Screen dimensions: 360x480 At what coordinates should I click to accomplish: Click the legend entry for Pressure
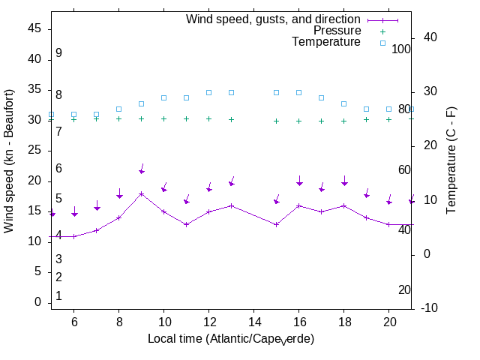coord(337,31)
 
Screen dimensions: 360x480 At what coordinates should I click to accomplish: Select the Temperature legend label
coord(326,42)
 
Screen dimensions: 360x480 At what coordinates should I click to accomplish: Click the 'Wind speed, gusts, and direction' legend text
coord(274,19)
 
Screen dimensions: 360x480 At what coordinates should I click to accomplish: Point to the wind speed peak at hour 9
coord(141,194)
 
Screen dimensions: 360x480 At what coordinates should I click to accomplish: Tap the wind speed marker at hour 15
coord(276,224)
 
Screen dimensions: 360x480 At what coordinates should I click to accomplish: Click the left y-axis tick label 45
coord(34,28)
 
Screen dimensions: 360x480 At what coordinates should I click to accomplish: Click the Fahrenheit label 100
coord(402,49)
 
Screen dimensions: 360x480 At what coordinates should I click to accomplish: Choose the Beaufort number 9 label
coord(58,53)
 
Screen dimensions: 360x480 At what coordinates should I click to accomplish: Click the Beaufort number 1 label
coord(58,296)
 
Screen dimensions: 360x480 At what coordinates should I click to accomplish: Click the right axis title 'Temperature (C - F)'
coord(452,160)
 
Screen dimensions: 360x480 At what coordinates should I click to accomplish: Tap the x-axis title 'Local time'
coord(231,339)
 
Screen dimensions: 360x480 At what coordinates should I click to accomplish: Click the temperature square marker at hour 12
coord(208,92)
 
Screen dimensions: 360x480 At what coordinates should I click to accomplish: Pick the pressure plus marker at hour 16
coord(298,121)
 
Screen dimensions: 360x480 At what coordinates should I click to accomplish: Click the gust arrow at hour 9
coord(141,170)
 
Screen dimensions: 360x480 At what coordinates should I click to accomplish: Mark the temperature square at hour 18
coord(343,103)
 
